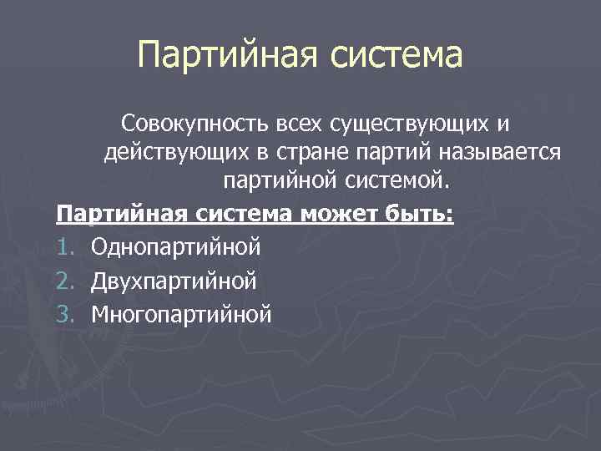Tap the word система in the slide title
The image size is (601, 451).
396,57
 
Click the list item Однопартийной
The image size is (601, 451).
176,247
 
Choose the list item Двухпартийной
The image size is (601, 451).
174,281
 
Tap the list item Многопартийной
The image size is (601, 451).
182,314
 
